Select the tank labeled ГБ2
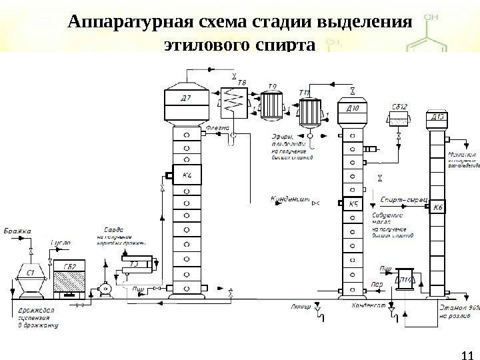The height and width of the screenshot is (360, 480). (70, 279)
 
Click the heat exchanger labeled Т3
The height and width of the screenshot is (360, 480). (136, 263)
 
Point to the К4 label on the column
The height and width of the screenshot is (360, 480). (187, 176)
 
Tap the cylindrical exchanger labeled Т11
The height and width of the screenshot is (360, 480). (309, 108)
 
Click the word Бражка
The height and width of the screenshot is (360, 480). (18, 231)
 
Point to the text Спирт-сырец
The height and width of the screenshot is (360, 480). (399, 198)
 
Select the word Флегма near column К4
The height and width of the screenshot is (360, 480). (217, 127)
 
